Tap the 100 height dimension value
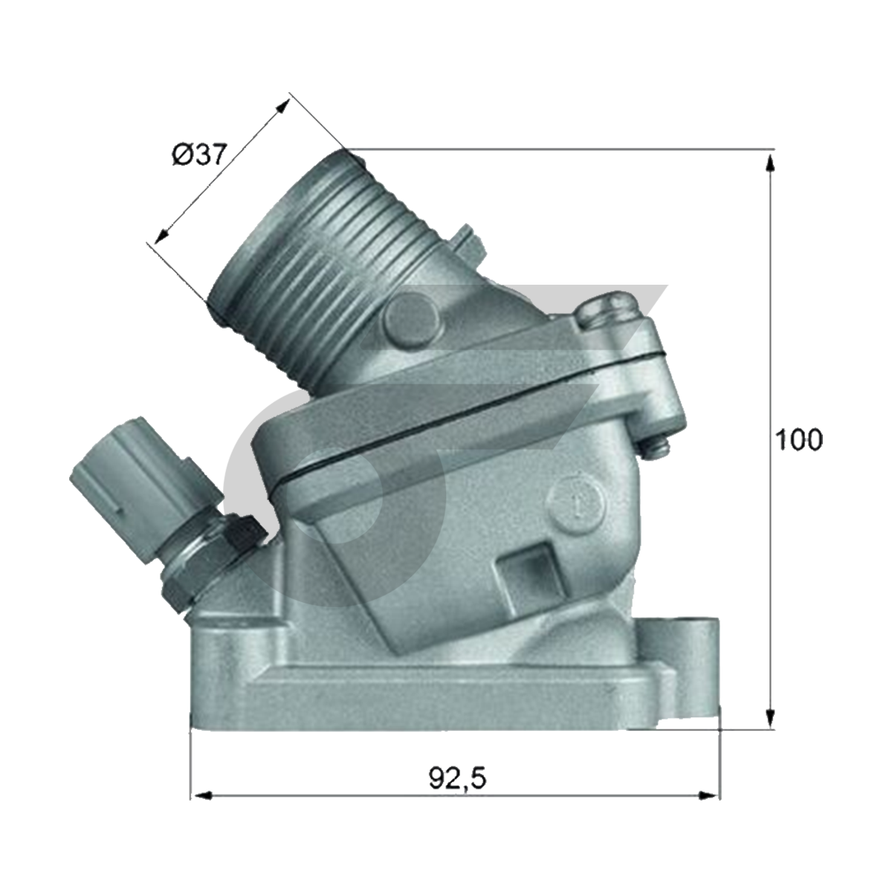coord(799,440)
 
